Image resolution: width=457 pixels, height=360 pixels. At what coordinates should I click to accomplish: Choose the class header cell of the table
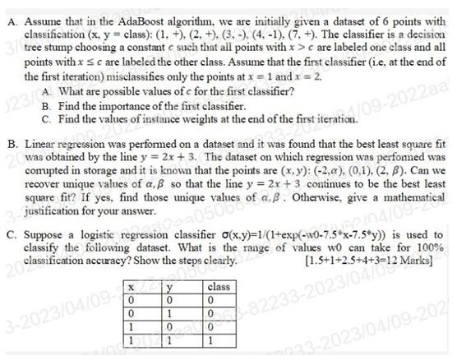click(219, 286)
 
